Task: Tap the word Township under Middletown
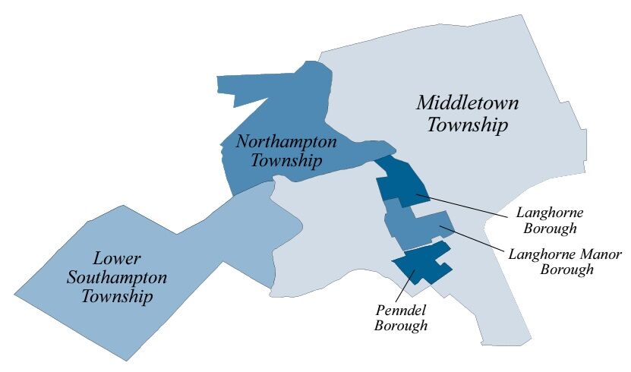[467, 125]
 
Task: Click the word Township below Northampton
[287, 161]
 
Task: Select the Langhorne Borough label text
[548, 219]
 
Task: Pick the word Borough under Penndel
[402, 326]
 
